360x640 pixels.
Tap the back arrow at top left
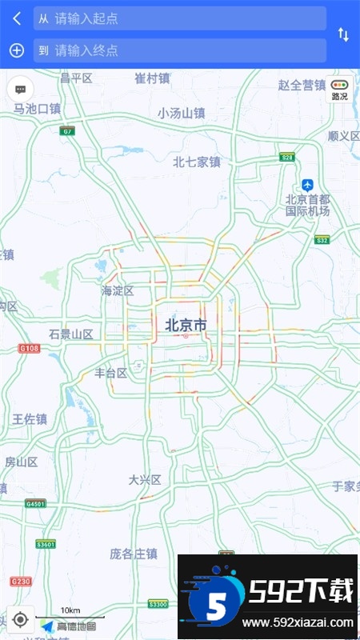tap(16, 18)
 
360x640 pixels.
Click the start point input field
tap(179, 18)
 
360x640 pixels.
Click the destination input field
tap(179, 50)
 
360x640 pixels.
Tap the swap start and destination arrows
tap(343, 34)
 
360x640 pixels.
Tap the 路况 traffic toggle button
tap(340, 89)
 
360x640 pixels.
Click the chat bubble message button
tap(21, 90)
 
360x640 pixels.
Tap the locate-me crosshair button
tap(21, 619)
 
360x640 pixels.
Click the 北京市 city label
tap(186, 325)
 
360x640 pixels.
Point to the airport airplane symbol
tap(308, 185)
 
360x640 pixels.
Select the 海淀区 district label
tap(118, 291)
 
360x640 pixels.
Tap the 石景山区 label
tap(70, 334)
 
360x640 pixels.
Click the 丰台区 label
tap(111, 373)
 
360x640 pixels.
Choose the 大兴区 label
tap(145, 480)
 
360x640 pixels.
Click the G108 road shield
tap(30, 348)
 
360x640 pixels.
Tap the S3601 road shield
tap(46, 544)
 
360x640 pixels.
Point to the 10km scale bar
tap(70, 616)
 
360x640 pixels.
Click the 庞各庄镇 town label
tap(133, 554)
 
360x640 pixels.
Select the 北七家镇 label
tap(196, 162)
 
